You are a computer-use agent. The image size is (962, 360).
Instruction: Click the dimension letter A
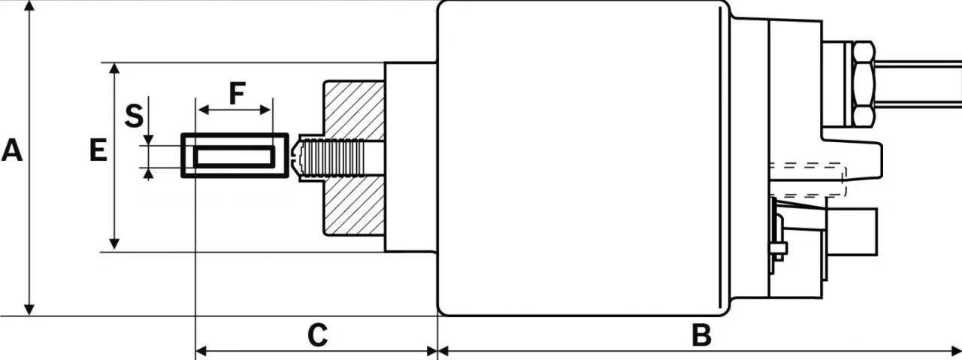[11, 150]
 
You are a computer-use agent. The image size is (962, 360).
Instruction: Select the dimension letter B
[701, 335]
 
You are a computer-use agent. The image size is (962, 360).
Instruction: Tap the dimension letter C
[318, 335]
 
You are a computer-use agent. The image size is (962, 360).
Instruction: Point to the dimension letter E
[98, 150]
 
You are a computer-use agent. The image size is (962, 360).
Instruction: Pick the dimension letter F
[237, 93]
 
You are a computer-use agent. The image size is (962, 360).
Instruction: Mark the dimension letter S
[134, 116]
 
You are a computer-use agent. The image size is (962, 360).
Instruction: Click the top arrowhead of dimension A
[29, 6]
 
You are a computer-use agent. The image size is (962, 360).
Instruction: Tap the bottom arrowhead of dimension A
[29, 310]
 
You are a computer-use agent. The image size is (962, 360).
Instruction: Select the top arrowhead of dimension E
[114, 68]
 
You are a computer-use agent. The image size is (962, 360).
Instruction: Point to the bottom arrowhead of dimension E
[114, 244]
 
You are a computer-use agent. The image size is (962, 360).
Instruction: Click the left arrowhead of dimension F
[204, 110]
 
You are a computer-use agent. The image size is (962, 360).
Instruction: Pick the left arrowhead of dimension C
[201, 351]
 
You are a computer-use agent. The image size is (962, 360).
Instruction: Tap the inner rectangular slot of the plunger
[234, 156]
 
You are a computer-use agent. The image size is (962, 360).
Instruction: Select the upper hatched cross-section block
[354, 110]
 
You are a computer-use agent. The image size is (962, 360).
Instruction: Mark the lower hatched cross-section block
[354, 206]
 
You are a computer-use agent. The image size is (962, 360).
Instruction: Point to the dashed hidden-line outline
[808, 180]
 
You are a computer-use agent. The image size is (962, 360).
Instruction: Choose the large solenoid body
[583, 158]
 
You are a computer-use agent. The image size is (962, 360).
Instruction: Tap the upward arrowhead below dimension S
[149, 174]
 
